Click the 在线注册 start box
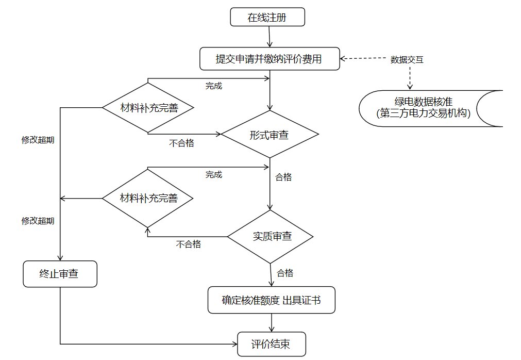click(x=267, y=18)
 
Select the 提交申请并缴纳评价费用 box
click(x=268, y=59)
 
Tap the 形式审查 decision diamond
click(x=268, y=135)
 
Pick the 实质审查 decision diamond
click(x=271, y=237)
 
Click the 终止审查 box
click(x=59, y=274)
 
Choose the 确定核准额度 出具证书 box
click(x=271, y=300)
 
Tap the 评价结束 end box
click(x=271, y=344)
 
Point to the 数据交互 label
click(x=407, y=59)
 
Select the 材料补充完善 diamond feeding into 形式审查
click(x=148, y=108)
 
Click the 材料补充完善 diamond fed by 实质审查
click(x=148, y=198)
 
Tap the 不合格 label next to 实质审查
click(x=188, y=244)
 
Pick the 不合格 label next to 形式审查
click(x=181, y=143)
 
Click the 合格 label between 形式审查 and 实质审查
click(x=283, y=177)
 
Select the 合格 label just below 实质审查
click(x=285, y=273)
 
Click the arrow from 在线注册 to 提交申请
click(x=268, y=37)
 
